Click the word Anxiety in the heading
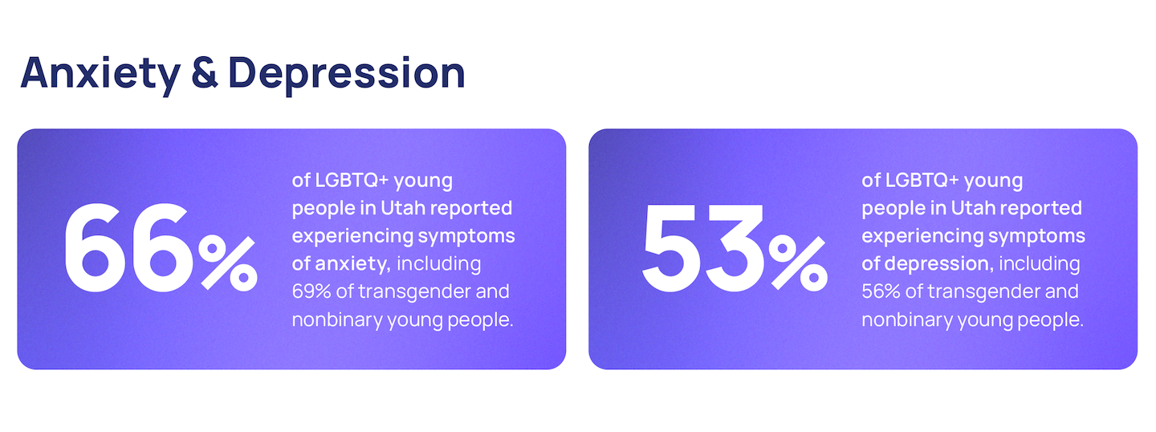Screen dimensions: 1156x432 [x=101, y=75]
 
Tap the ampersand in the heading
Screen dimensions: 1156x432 [x=205, y=73]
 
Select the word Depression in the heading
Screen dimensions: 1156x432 [x=347, y=75]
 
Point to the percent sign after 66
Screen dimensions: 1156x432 [x=228, y=263]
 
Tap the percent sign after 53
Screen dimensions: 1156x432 [x=798, y=263]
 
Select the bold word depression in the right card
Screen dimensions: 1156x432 [x=939, y=264]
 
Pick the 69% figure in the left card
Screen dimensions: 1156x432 [x=311, y=291]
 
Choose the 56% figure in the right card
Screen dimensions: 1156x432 [x=881, y=291]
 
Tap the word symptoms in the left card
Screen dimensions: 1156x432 [x=466, y=237]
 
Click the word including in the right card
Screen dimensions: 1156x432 [x=1040, y=264]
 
